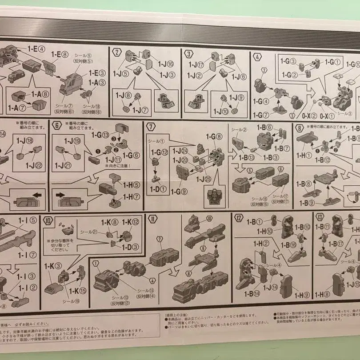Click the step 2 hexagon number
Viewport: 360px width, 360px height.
pos(117,52)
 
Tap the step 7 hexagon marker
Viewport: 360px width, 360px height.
pos(151,127)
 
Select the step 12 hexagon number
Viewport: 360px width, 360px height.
pos(239,218)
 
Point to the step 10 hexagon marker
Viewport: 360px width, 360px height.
pos(48,220)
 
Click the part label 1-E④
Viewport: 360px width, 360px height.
pos(36,49)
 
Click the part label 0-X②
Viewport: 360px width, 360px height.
pos(309,116)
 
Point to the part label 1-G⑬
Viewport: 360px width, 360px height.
pos(100,135)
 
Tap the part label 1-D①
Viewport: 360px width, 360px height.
pos(158,189)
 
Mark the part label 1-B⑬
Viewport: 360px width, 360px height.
pos(245,157)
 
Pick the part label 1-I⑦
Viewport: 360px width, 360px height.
pos(27,255)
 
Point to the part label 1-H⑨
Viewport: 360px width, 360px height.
pos(301,295)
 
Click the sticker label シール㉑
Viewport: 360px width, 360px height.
pos(89,232)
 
